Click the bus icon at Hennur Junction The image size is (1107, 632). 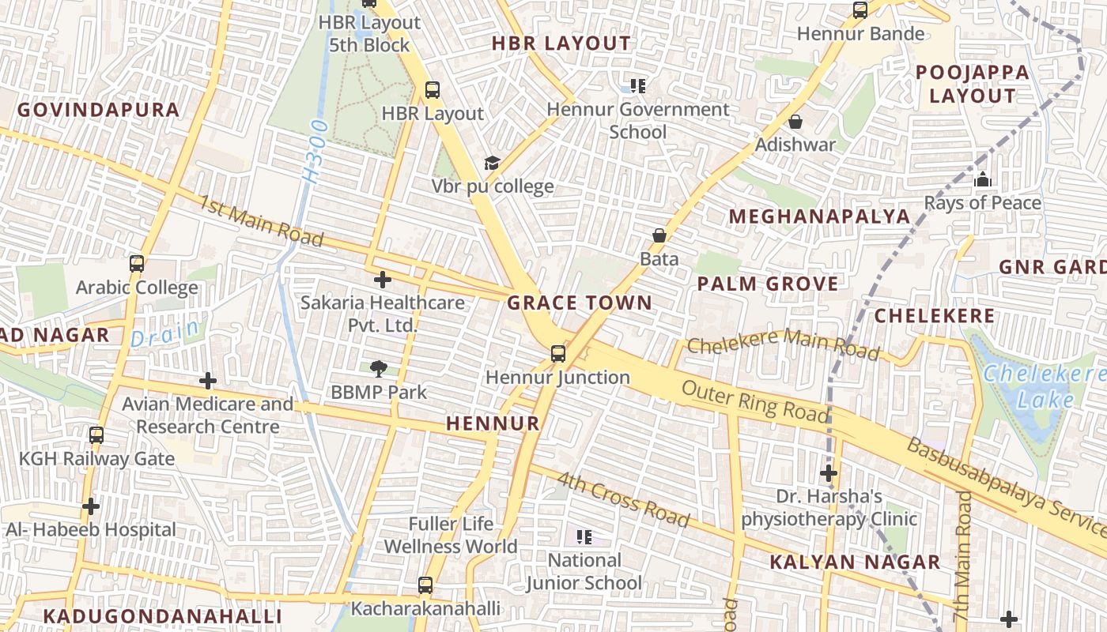coord(558,353)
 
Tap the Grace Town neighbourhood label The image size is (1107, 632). coord(580,303)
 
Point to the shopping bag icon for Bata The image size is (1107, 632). coord(659,235)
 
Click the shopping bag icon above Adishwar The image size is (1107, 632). coord(795,122)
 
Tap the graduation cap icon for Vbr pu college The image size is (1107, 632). coord(492,164)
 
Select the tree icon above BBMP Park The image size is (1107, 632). coord(379,368)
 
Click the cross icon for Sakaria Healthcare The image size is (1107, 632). coord(383,280)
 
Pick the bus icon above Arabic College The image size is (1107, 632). coord(137,264)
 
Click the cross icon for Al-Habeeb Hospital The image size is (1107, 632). coord(91,506)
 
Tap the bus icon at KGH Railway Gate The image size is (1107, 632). coord(96,435)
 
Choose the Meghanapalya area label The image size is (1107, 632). coord(819,216)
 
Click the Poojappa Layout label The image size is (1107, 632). coord(973,85)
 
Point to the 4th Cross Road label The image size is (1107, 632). coord(622,499)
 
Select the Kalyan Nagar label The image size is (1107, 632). coord(855,562)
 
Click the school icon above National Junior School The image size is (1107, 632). coord(584,538)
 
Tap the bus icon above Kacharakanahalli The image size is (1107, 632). coord(425,585)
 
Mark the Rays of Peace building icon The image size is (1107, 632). coord(983,179)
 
